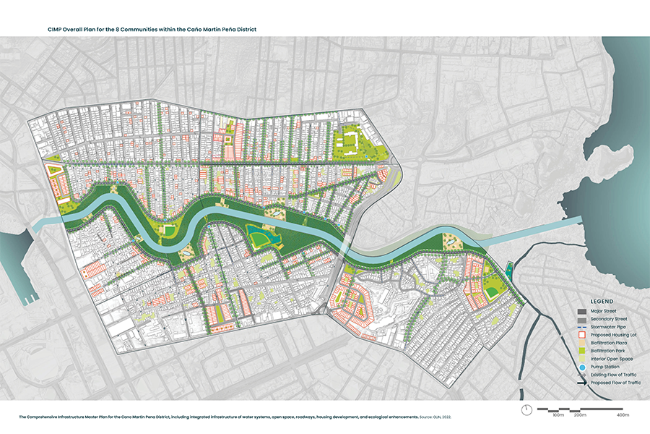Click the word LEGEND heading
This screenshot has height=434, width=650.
tap(602, 300)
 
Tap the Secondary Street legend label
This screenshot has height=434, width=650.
tap(608, 318)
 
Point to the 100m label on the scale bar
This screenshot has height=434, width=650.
tap(558, 415)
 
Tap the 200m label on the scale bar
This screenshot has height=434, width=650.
tap(579, 415)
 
